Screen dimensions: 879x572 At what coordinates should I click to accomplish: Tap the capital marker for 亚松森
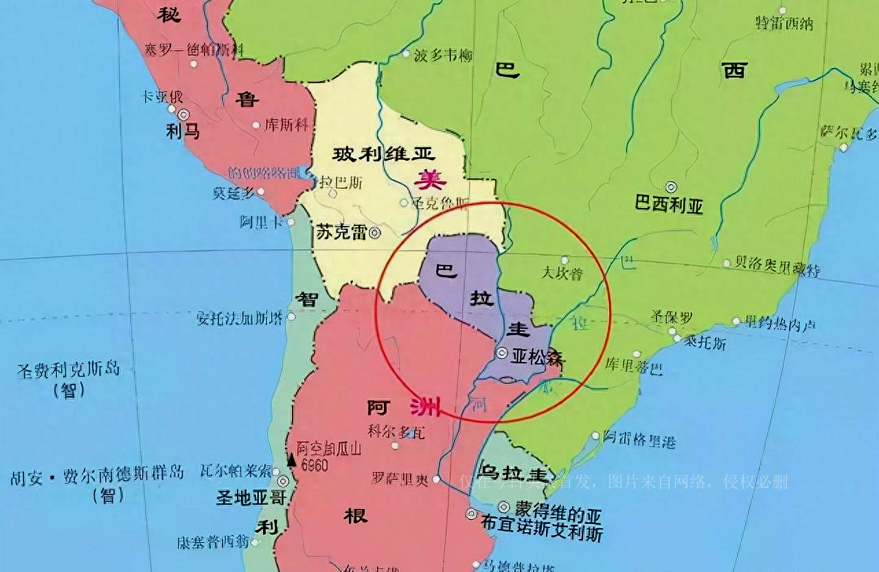pos(503,353)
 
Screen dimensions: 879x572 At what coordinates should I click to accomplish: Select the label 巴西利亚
pos(669,205)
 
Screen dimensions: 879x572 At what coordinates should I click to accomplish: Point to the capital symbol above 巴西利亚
pos(671,187)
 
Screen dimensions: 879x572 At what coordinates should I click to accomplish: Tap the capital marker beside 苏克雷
pos(374,233)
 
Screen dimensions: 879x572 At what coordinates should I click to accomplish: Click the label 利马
pos(183,131)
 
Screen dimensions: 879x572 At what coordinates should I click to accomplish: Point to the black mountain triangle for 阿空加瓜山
pos(291,461)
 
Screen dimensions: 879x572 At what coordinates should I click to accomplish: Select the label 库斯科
pos(286,125)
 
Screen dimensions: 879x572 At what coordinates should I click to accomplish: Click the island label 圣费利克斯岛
pos(69,370)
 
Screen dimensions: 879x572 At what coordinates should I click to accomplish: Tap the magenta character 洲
pos(425,407)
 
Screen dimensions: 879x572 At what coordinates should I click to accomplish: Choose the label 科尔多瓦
pos(397,431)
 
